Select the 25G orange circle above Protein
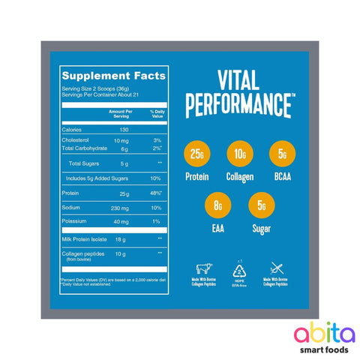tap(196, 155)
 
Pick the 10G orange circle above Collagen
tap(238, 155)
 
